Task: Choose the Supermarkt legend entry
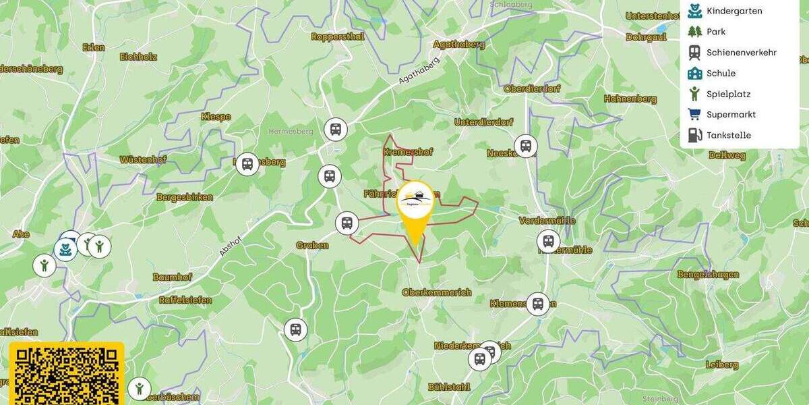(721, 115)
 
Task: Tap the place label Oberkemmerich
(436, 292)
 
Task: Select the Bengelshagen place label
(708, 275)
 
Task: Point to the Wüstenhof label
(143, 160)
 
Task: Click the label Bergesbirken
(185, 198)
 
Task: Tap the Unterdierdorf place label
(483, 122)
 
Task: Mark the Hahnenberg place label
(630, 99)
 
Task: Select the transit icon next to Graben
(347, 223)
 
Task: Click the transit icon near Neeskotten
(525, 145)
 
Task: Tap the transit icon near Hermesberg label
(335, 128)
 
